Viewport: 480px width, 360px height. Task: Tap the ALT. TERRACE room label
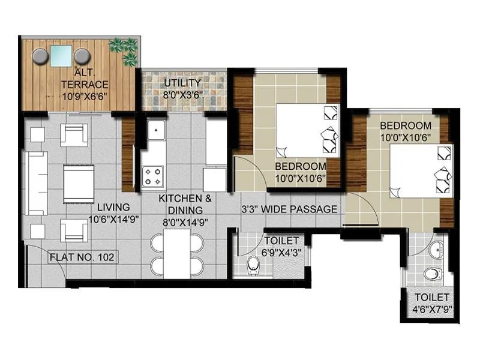click(x=84, y=85)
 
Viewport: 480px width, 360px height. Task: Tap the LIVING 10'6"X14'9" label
click(x=113, y=213)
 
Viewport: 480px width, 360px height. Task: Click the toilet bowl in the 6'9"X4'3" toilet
click(x=253, y=264)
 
